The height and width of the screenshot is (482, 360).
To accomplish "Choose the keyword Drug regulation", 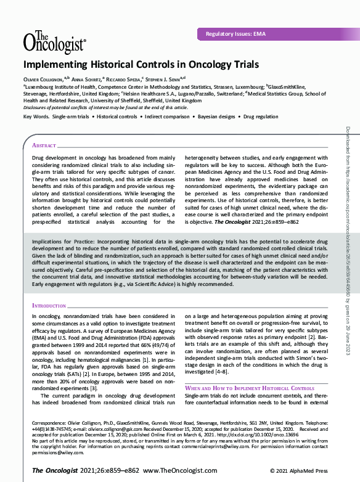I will [262, 116].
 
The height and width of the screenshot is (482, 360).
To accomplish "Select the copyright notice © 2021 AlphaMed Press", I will [302, 470].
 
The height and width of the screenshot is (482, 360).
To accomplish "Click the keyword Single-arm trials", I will [70, 116].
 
